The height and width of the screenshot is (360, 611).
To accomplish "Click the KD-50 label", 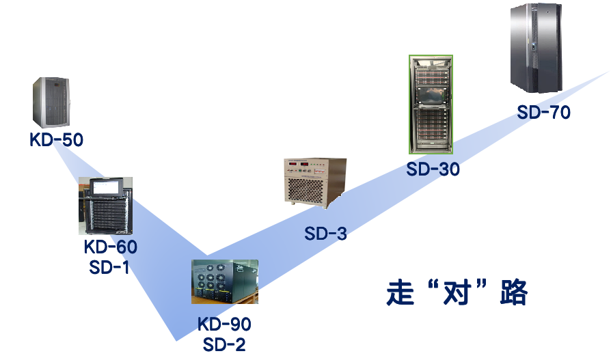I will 56,141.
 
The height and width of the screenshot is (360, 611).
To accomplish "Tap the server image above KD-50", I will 51,102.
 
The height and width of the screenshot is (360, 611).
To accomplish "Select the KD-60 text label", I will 110,247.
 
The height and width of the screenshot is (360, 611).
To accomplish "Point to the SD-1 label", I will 109,268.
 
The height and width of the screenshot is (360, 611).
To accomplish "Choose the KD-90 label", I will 224,324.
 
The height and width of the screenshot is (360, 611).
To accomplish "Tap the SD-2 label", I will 224,344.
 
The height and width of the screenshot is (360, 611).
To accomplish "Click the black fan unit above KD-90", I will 224,281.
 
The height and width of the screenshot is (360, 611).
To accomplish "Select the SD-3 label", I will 326,234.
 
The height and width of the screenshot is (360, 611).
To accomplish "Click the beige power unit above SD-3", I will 315,183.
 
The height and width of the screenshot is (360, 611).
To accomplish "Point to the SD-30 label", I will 433,169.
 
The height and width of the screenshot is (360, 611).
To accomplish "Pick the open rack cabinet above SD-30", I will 431,105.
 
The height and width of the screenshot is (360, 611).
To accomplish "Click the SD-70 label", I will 543,113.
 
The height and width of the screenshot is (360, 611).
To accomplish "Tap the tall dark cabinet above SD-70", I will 537,47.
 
